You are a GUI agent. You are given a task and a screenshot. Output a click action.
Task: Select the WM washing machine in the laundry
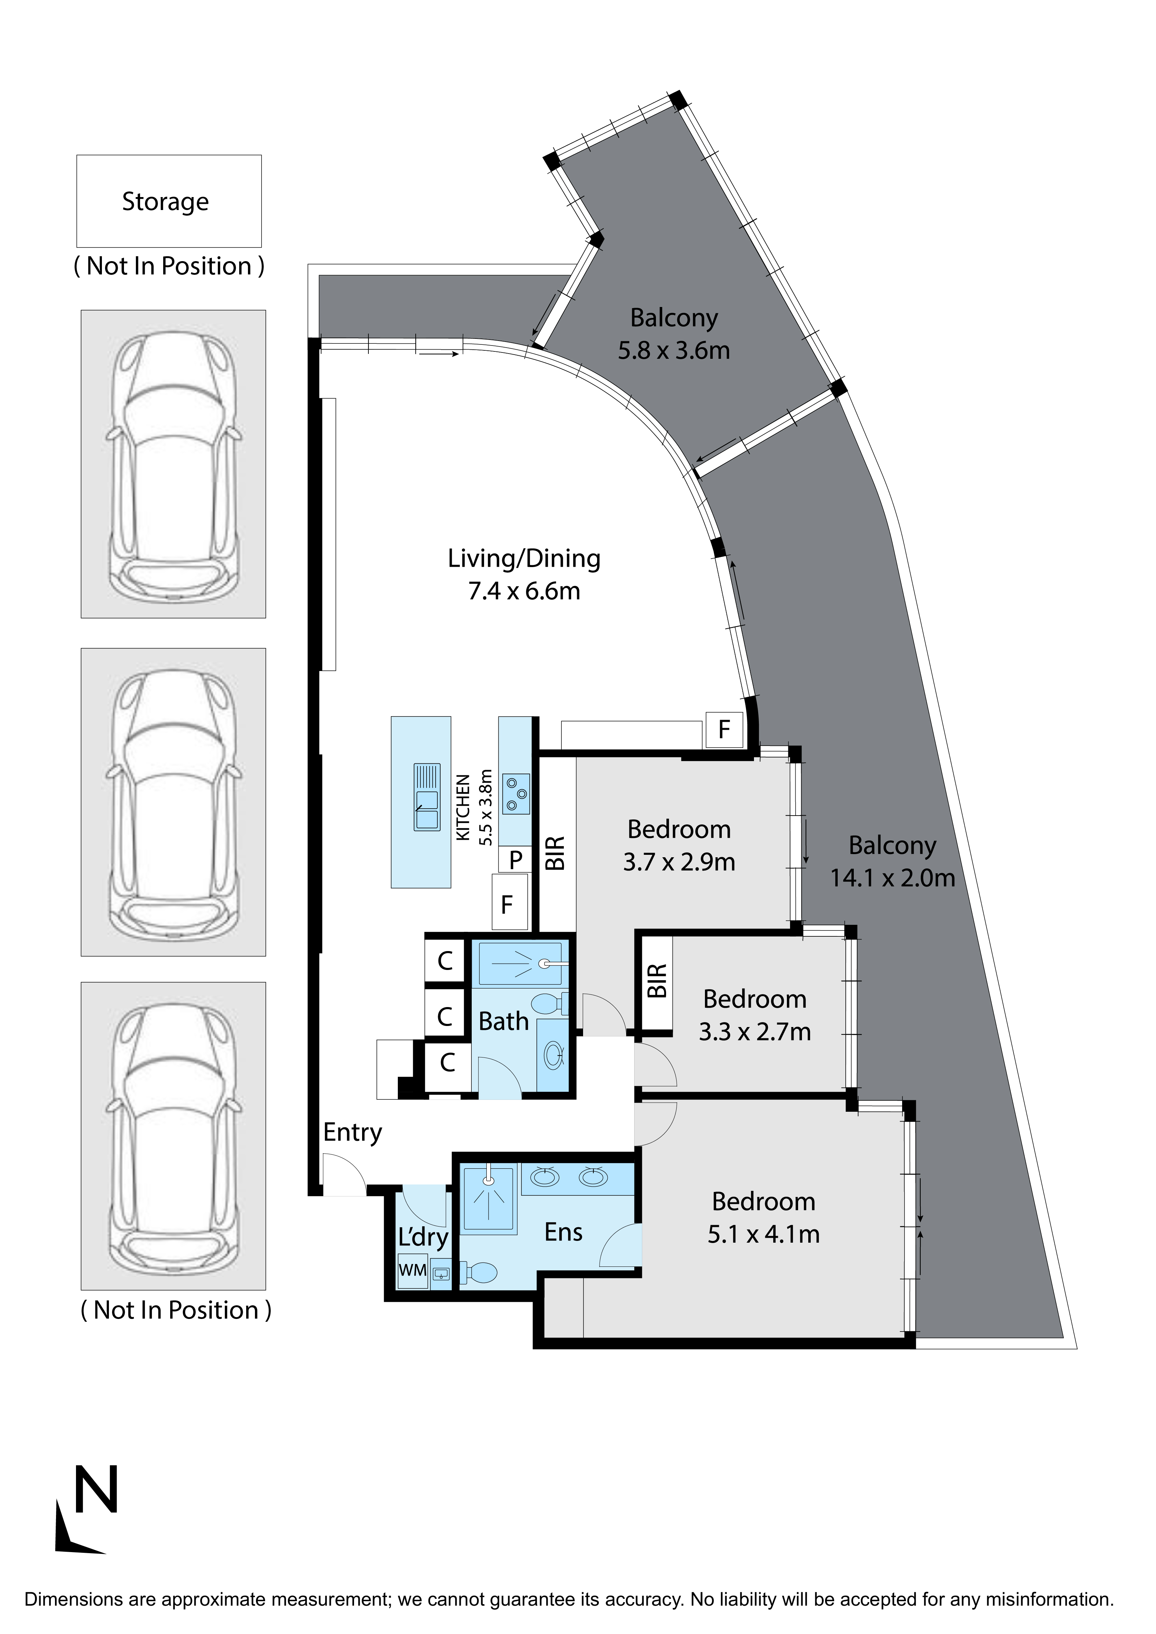[x=412, y=1270]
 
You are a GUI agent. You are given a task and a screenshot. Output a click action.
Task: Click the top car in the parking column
[x=173, y=464]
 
